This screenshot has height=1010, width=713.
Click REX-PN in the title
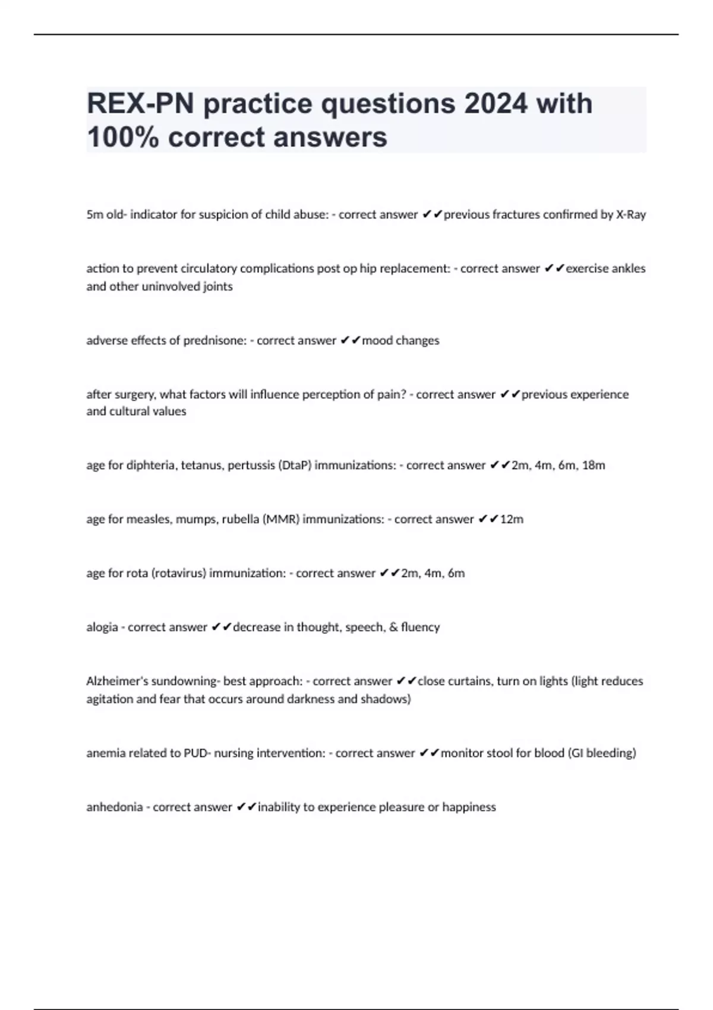point(140,104)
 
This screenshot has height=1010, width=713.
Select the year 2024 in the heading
point(496,104)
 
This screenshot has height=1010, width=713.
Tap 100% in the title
point(122,137)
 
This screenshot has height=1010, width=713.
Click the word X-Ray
point(630,214)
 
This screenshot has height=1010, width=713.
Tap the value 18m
point(594,465)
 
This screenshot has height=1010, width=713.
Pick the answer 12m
point(512,519)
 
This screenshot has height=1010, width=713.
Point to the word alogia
point(102,627)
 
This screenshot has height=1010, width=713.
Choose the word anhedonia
point(113,807)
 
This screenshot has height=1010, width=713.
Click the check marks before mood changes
point(351,340)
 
